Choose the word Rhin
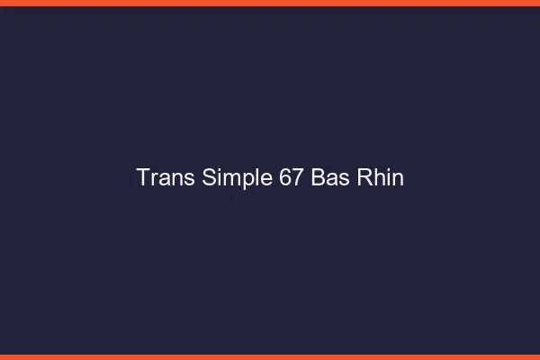coord(380,177)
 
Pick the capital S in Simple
coord(201,177)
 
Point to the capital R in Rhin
coord(365,177)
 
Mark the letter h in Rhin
coord(380,177)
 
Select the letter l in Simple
coord(247,177)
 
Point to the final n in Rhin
coord(398,178)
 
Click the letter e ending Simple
coord(256,178)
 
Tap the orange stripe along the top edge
coord(270,3)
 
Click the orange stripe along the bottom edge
coord(270,356)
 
